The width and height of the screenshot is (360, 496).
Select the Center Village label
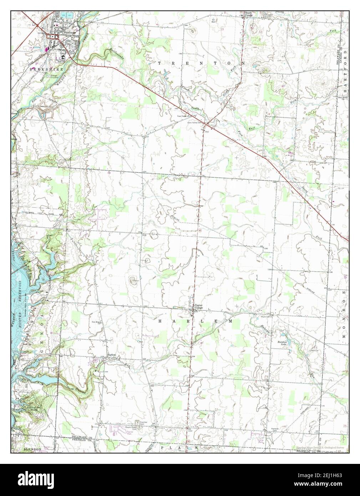tap(198, 307)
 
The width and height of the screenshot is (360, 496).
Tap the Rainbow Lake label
tap(283, 343)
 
